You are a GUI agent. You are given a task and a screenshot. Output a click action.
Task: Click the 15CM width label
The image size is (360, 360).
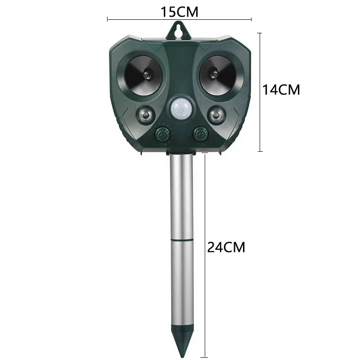(179, 12)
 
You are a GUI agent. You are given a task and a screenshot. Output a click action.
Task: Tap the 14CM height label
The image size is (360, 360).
(281, 90)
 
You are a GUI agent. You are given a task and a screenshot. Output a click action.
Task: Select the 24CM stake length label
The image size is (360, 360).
(226, 247)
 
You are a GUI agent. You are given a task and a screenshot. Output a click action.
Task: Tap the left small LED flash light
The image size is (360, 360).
(145, 115)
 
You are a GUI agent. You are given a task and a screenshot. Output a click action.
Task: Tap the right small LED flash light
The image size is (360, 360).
(216, 115)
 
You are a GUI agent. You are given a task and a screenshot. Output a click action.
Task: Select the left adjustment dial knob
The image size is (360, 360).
(162, 134)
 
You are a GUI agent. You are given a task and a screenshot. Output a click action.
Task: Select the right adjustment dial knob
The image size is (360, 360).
(200, 134)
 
